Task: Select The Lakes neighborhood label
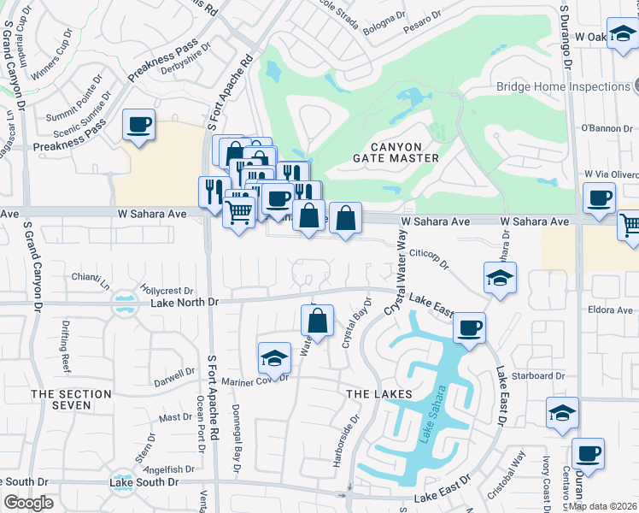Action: pyautogui.click(x=378, y=393)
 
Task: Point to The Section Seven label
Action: pyautogui.click(x=72, y=400)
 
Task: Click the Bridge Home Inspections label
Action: pyautogui.click(x=563, y=86)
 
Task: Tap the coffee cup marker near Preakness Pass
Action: pyautogui.click(x=138, y=126)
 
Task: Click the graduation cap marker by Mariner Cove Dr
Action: pyautogui.click(x=274, y=357)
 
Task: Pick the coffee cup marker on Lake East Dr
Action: pyautogui.click(x=468, y=327)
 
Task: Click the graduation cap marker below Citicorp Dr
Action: pyautogui.click(x=500, y=277)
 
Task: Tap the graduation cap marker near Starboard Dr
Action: pyautogui.click(x=562, y=412)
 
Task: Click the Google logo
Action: pyautogui.click(x=28, y=503)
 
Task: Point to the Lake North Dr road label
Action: pyautogui.click(x=185, y=302)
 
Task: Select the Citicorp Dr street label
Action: pyautogui.click(x=429, y=258)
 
